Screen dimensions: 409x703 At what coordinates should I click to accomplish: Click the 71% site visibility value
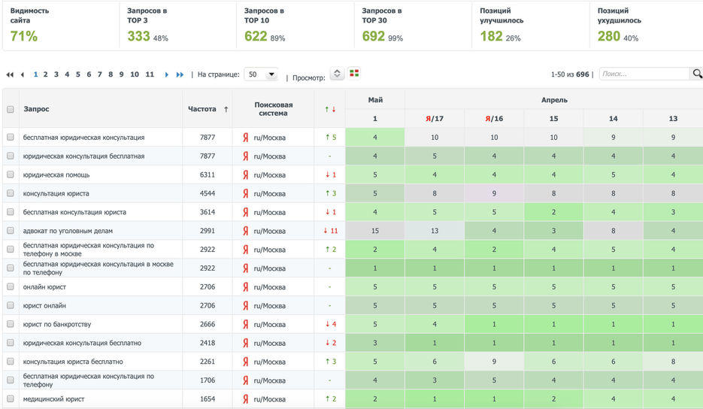(24, 36)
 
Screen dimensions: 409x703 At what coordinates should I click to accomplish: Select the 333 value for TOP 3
(138, 36)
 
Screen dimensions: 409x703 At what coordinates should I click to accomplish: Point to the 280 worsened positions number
(608, 36)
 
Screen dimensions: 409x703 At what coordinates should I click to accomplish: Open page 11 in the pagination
(150, 74)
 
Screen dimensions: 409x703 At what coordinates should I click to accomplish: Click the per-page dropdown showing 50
(261, 74)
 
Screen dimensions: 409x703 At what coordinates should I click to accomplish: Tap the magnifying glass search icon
(697, 74)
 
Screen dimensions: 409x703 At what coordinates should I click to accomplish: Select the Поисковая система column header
(273, 109)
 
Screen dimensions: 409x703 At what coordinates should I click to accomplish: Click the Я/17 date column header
(435, 119)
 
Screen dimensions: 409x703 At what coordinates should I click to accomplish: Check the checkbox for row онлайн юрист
(11, 286)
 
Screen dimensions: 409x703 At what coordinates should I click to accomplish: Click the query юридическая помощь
(56, 174)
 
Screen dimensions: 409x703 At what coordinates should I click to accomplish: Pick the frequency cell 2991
(208, 231)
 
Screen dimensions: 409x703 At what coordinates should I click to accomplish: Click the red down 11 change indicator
(330, 231)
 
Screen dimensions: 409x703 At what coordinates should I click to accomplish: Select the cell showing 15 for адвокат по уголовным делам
(374, 231)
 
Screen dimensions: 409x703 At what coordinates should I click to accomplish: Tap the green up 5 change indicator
(330, 138)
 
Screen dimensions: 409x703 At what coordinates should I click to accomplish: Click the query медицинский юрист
(53, 398)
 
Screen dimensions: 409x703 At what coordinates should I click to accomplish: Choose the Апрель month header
(554, 99)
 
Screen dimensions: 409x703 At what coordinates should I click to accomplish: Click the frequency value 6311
(208, 174)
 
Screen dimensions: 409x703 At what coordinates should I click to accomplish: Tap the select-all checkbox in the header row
(11, 109)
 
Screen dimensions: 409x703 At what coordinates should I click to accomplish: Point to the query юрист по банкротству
(57, 324)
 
